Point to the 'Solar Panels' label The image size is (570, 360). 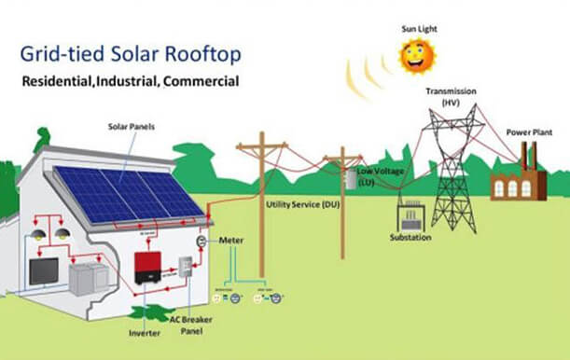(127, 125)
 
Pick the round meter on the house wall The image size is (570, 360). (200, 241)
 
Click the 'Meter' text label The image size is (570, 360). (231, 241)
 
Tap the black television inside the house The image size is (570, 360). (44, 271)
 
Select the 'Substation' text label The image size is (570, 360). (410, 239)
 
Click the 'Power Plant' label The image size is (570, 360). (529, 132)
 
